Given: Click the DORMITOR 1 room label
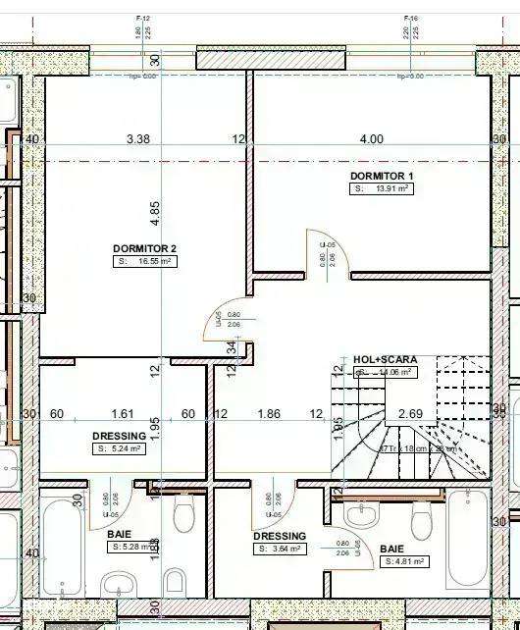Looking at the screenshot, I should point(382,176).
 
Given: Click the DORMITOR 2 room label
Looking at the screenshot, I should point(144,248).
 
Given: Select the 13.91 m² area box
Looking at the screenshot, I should point(382,188).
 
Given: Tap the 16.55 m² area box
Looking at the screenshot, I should point(145,262).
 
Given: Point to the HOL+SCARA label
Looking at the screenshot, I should point(378,360).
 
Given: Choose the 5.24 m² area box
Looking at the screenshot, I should point(119,448).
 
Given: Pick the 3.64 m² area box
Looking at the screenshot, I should point(280,550).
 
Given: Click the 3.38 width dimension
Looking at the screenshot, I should point(138,139).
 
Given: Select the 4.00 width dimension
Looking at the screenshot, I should point(371,139).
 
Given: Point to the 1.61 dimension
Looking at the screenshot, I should point(123,414).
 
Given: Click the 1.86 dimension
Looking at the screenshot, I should point(269,414).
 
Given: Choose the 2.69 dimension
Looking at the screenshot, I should point(410,414).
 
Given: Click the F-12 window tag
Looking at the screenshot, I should point(143,19).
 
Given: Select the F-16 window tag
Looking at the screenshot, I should point(411,19).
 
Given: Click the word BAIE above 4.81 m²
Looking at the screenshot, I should point(391,549).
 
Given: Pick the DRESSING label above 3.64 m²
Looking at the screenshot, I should point(280,536).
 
